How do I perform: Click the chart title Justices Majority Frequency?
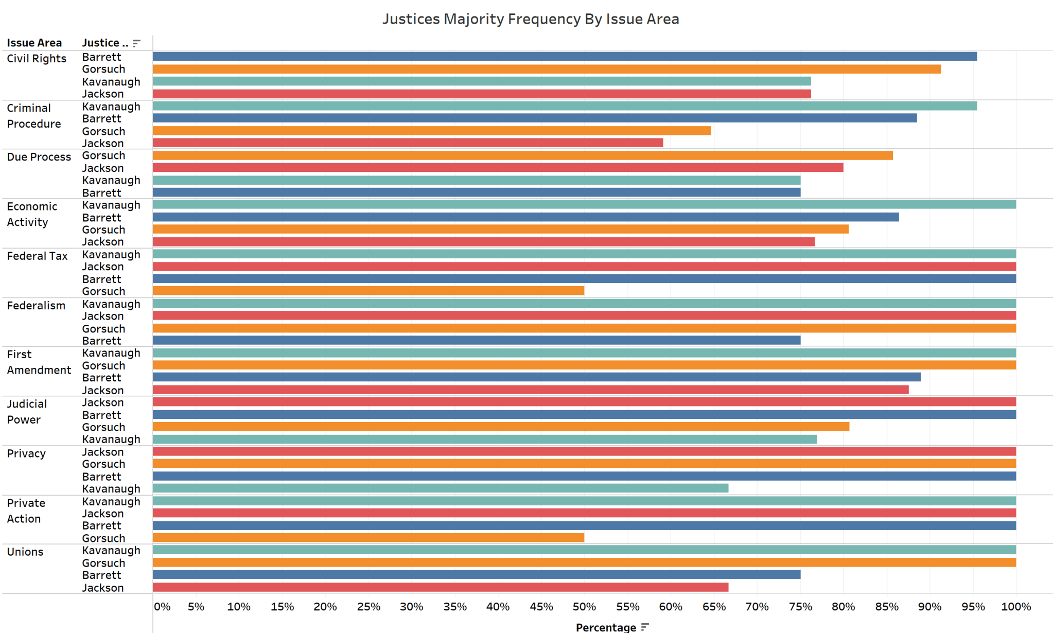click(530, 19)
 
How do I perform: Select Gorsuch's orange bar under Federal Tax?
click(368, 291)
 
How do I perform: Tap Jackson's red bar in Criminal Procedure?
click(408, 143)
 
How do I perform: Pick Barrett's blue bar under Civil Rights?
click(565, 57)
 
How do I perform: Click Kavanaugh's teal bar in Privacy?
click(440, 488)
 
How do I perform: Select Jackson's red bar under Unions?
click(440, 587)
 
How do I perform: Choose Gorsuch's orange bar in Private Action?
click(368, 538)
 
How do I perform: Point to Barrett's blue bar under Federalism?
click(476, 340)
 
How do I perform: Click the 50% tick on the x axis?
click(584, 607)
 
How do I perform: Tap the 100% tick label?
click(1015, 607)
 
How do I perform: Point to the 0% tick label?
click(162, 607)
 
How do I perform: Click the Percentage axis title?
click(606, 627)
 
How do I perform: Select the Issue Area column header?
click(34, 43)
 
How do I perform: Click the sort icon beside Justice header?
click(136, 43)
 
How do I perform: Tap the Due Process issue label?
click(39, 157)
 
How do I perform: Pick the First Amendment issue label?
click(39, 362)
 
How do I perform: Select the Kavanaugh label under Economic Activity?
click(111, 205)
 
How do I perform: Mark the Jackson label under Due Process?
click(103, 168)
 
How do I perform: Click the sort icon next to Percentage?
click(645, 627)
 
